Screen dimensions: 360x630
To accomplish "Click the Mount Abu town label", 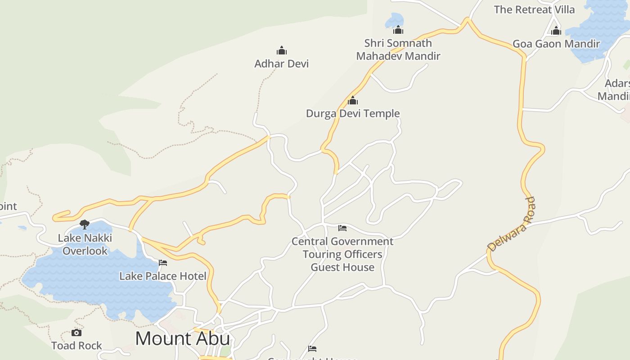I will pyautogui.click(x=182, y=338).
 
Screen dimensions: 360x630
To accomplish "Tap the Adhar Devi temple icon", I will pyautogui.click(x=282, y=50).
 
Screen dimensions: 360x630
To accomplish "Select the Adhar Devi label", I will pyautogui.click(x=282, y=63).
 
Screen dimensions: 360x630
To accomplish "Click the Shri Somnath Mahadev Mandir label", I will pyautogui.click(x=398, y=49).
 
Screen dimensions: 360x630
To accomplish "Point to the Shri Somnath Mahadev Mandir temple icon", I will pyautogui.click(x=398, y=30).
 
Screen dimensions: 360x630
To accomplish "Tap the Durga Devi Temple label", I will pyautogui.click(x=353, y=113).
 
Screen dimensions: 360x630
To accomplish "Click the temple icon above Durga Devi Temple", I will pyautogui.click(x=353, y=100).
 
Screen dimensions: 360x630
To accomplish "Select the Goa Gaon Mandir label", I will pyautogui.click(x=556, y=44).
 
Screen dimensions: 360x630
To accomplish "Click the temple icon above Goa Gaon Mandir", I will pyautogui.click(x=556, y=31).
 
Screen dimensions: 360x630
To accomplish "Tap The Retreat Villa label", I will pyautogui.click(x=534, y=9).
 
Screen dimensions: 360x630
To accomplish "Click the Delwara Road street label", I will pyautogui.click(x=511, y=224).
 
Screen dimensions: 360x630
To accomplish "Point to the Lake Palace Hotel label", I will pyautogui.click(x=163, y=276).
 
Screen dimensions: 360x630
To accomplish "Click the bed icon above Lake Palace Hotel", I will pyautogui.click(x=163, y=263).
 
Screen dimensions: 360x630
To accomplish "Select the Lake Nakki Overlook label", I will pyautogui.click(x=85, y=244).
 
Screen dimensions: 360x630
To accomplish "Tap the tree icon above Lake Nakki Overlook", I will pyautogui.click(x=84, y=224).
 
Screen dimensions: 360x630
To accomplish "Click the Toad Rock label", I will pyautogui.click(x=76, y=346).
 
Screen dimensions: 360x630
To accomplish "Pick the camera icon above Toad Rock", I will pyautogui.click(x=76, y=333).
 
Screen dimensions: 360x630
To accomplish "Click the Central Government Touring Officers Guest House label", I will pyautogui.click(x=342, y=254).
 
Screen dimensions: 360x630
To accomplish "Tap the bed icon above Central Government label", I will pyautogui.click(x=342, y=228).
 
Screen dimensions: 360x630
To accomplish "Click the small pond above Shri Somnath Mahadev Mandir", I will pyautogui.click(x=395, y=20).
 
